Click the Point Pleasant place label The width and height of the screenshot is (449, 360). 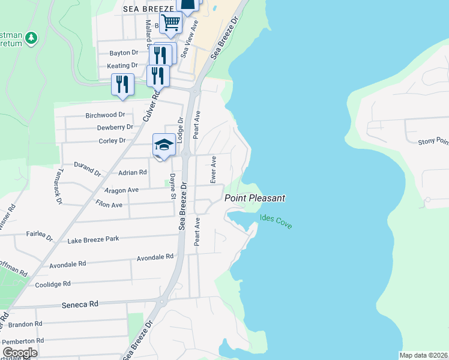(255, 198)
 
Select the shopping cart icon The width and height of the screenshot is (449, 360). (171, 23)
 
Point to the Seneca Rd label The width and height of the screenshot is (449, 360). (80, 305)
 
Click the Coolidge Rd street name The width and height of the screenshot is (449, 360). (53, 284)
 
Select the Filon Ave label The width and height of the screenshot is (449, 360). (109, 205)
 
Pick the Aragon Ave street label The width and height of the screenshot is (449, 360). (121, 190)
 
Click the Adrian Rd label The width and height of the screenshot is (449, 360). (133, 172)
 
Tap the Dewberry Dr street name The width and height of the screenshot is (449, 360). (115, 127)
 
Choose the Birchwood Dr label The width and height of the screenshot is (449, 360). (105, 114)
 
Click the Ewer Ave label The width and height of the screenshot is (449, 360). (212, 170)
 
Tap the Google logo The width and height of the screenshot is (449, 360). (20, 353)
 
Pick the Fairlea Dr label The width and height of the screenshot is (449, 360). (39, 234)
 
